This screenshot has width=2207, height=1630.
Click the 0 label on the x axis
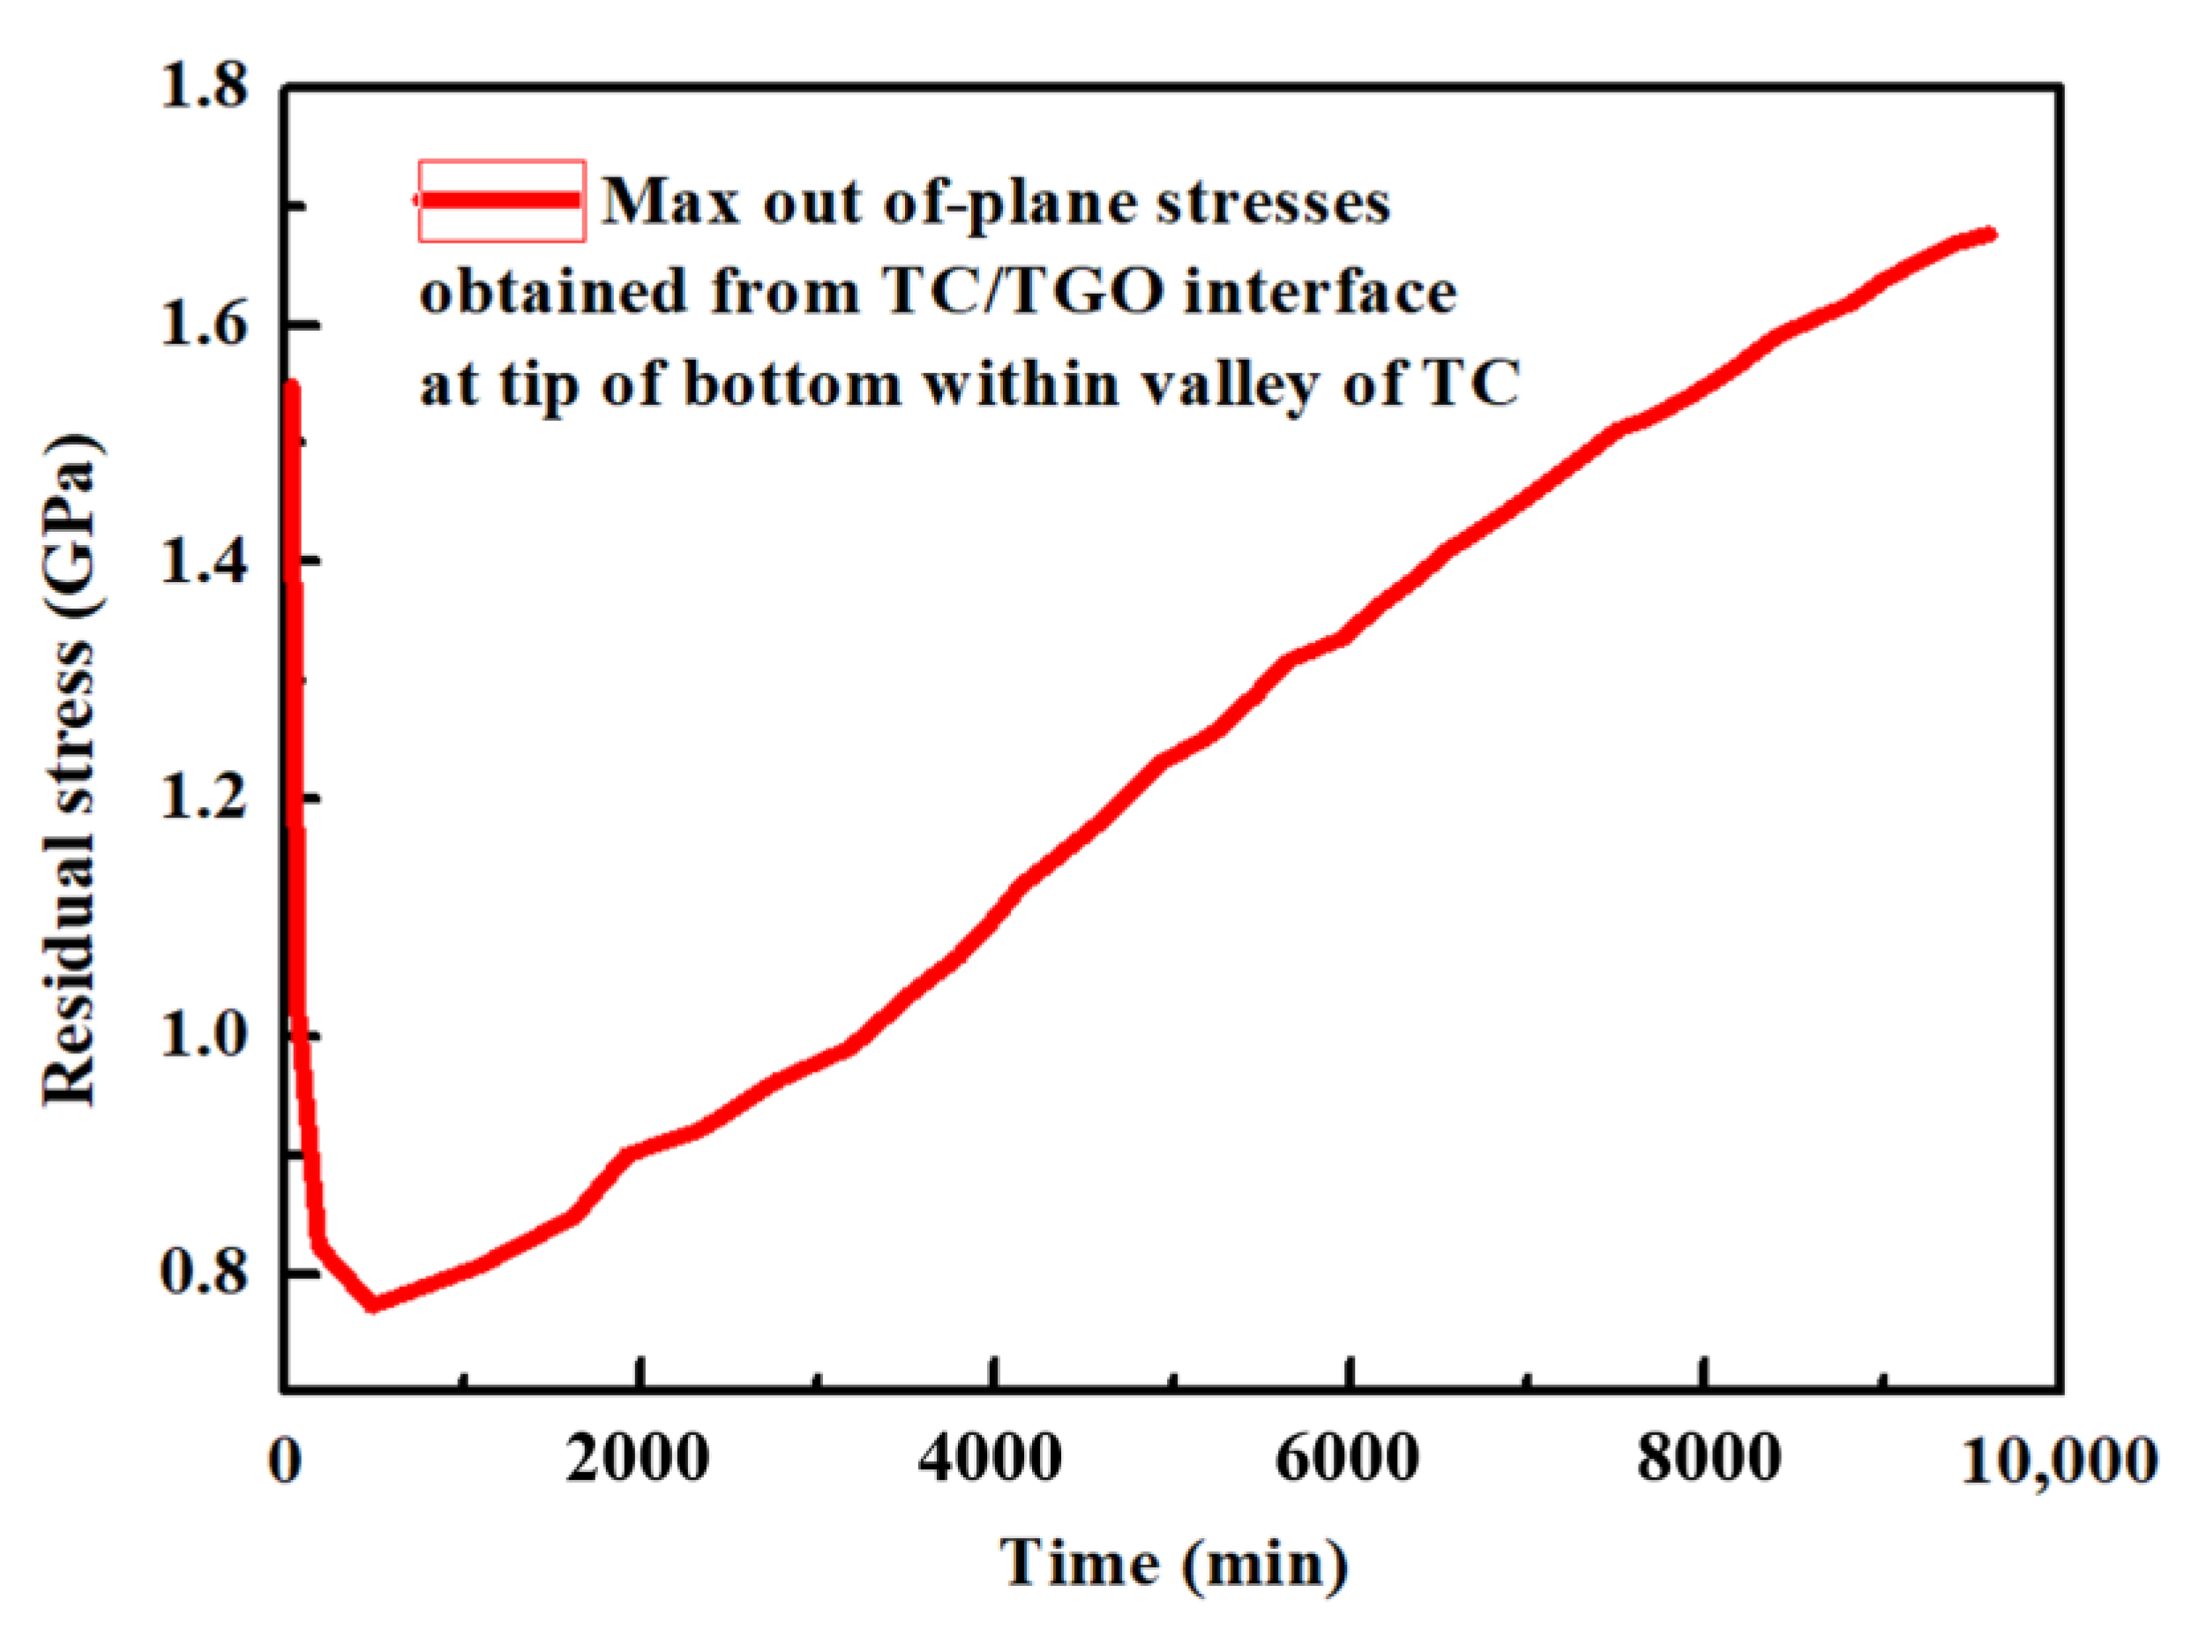click(285, 1461)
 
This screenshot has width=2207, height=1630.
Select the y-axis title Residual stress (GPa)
click(71, 770)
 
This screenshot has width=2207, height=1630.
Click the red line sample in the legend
click(501, 200)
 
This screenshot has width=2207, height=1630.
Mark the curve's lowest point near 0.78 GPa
click(373, 1304)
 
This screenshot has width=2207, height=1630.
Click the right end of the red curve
click(1991, 234)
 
